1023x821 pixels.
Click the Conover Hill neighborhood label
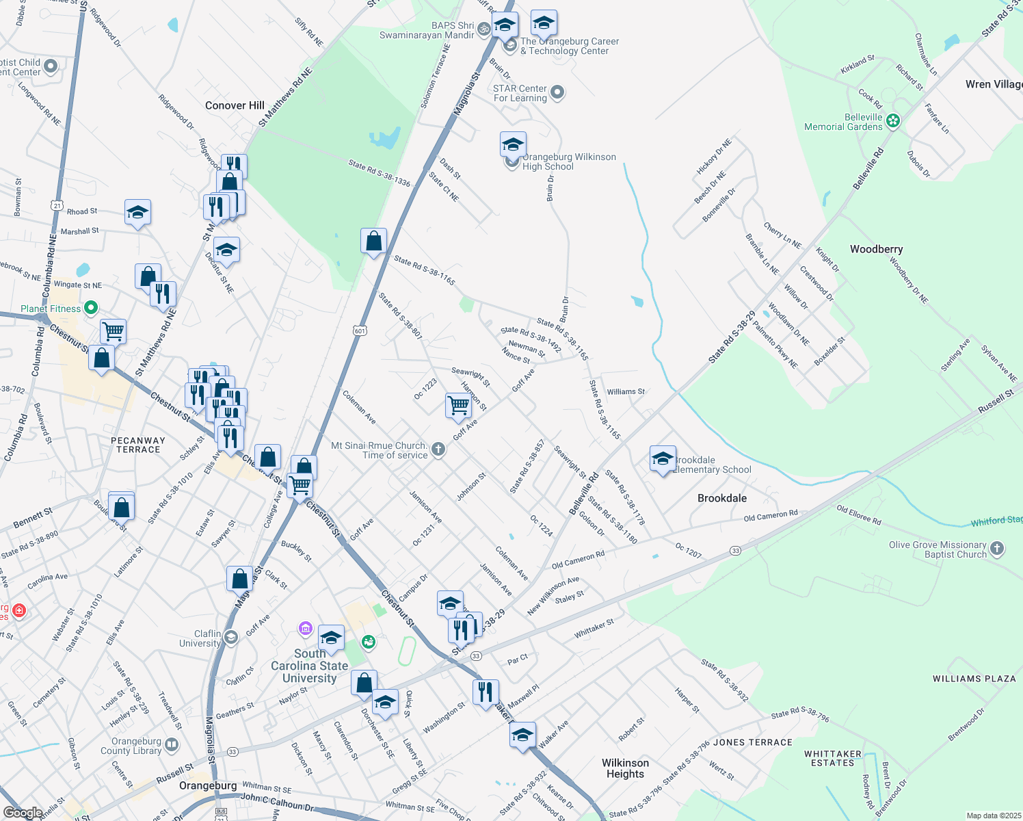click(235, 105)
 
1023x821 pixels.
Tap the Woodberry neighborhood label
click(876, 249)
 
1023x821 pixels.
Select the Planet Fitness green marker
click(90, 309)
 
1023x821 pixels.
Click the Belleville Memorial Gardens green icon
click(892, 122)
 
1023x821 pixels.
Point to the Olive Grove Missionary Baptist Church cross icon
click(997, 548)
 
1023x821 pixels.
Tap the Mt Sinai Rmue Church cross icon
click(438, 449)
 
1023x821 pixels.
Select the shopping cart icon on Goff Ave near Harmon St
click(457, 405)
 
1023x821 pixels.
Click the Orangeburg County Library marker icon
click(172, 744)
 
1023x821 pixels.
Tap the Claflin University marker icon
click(231, 638)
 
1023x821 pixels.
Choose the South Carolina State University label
click(309, 666)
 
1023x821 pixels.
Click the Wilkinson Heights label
click(625, 768)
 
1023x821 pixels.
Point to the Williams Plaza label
click(974, 679)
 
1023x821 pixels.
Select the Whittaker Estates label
click(832, 758)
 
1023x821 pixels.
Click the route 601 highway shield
click(360, 331)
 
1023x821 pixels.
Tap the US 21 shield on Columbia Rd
click(57, 205)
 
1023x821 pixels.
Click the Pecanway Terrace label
click(138, 445)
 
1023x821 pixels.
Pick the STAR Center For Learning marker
click(557, 92)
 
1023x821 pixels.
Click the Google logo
click(23, 813)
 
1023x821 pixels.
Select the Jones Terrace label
click(752, 742)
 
